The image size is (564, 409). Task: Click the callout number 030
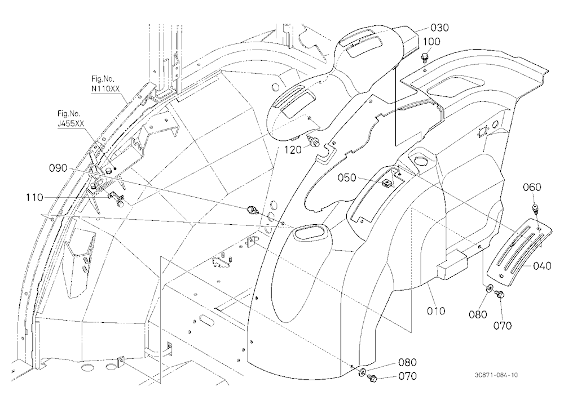tap(439, 28)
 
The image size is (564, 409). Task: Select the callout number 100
tap(431, 41)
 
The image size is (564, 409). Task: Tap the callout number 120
tap(293, 150)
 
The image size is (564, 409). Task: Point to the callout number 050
tap(347, 177)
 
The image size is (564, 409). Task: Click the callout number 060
tap(532, 187)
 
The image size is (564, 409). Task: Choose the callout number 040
tap(542, 266)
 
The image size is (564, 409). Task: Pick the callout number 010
tap(436, 310)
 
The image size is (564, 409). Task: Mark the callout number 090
tap(58, 168)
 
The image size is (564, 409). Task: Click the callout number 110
tap(34, 197)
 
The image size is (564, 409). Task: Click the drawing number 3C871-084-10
tap(496, 375)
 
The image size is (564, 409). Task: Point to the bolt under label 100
tap(425, 57)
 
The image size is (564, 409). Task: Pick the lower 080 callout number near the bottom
tap(407, 362)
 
